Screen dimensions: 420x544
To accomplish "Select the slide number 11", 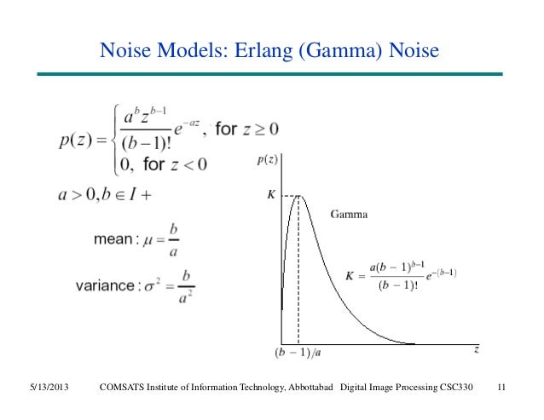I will [x=501, y=389].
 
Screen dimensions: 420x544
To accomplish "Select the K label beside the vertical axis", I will [x=272, y=195].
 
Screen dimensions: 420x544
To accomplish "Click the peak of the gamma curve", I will [x=298, y=196].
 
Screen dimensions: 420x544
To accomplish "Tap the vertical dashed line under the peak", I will [x=298, y=273].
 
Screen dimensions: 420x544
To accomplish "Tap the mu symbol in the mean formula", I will [x=148, y=239].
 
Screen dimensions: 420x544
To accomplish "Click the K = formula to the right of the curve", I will [x=402, y=273].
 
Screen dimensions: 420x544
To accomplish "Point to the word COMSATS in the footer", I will [x=125, y=389].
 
